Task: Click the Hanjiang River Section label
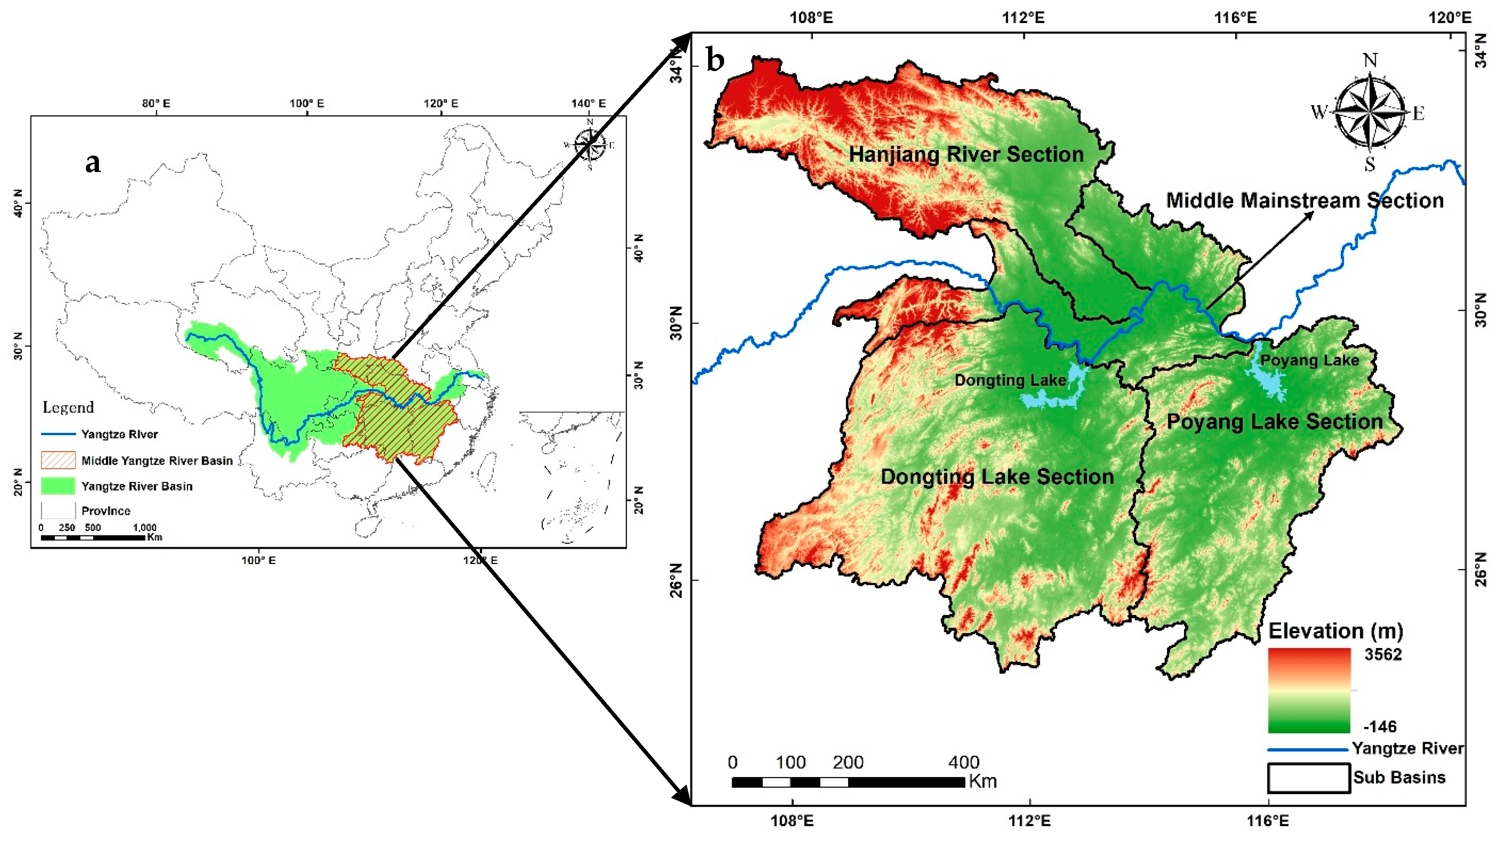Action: coord(966,155)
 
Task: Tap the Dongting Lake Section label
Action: coord(997,477)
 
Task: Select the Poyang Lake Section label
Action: coord(1274,422)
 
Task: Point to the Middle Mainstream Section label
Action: coord(1305,201)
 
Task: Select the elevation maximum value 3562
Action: coord(1383,655)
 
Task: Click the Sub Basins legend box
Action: coord(1309,778)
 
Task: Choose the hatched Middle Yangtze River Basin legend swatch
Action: coord(58,460)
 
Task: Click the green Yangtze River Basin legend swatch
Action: coord(58,486)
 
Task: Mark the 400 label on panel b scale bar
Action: coord(963,762)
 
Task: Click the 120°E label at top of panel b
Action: coord(1449,18)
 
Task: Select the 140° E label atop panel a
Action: coord(588,103)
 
